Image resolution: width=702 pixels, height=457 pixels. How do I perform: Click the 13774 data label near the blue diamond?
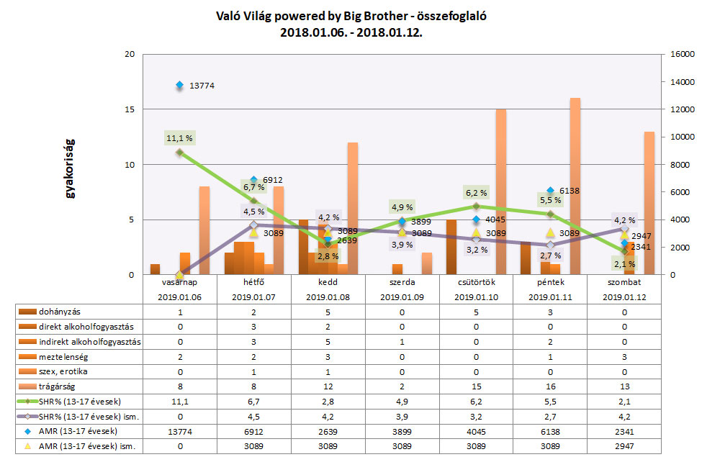[x=202, y=86]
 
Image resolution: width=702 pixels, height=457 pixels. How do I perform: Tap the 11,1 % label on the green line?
[x=180, y=137]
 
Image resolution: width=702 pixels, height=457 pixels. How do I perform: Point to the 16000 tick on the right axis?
[x=681, y=55]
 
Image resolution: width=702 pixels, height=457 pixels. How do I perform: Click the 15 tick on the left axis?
[x=131, y=109]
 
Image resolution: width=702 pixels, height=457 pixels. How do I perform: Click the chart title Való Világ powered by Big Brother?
[x=351, y=16]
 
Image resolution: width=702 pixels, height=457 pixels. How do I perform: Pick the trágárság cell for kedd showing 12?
[x=328, y=387]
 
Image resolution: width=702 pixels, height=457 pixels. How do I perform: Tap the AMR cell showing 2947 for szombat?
[x=625, y=448]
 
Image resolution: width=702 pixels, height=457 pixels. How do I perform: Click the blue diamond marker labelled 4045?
[x=476, y=220]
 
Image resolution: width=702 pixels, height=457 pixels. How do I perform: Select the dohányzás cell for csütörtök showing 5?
[x=477, y=312]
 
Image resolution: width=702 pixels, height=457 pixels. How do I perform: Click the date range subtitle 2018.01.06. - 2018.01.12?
[x=351, y=32]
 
